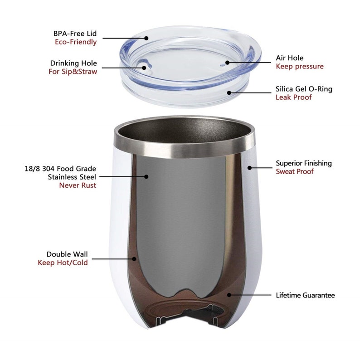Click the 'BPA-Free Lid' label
(x=74, y=34)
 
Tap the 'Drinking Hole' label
(x=73, y=63)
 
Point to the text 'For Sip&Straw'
(x=73, y=72)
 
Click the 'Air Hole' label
(x=289, y=58)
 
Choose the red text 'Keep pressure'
(x=300, y=67)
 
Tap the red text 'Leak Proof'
(x=294, y=97)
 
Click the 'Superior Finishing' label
(x=304, y=163)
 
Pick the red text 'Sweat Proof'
(x=295, y=171)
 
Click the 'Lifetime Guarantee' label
(x=305, y=295)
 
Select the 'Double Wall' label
(x=67, y=254)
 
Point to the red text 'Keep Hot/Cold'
(x=63, y=263)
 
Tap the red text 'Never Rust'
(x=78, y=185)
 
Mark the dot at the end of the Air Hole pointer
(x=227, y=63)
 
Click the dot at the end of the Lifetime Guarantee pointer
(x=229, y=295)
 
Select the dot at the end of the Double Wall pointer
(x=135, y=258)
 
